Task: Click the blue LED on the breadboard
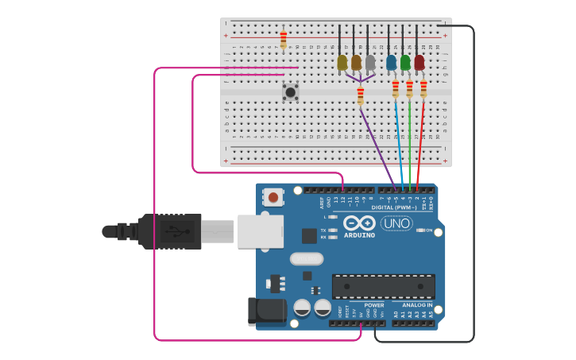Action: coord(391,62)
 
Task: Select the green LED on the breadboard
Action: coord(405,62)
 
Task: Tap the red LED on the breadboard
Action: coord(419,62)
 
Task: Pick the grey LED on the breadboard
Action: coord(370,62)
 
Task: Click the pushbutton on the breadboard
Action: coord(291,92)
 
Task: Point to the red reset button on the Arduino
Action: coord(273,196)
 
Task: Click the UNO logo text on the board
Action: coord(396,223)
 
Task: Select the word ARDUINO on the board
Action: coord(360,235)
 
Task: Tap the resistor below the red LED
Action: coord(423,88)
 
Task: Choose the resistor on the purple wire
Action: coord(361,96)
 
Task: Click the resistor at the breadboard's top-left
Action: coord(284,40)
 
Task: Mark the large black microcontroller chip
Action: coord(383,286)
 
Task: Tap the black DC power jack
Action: coord(265,312)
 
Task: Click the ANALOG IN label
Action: coord(416,305)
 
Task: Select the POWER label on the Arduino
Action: coord(374,305)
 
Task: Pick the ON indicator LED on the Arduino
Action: coord(420,230)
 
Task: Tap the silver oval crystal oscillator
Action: coord(307,258)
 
